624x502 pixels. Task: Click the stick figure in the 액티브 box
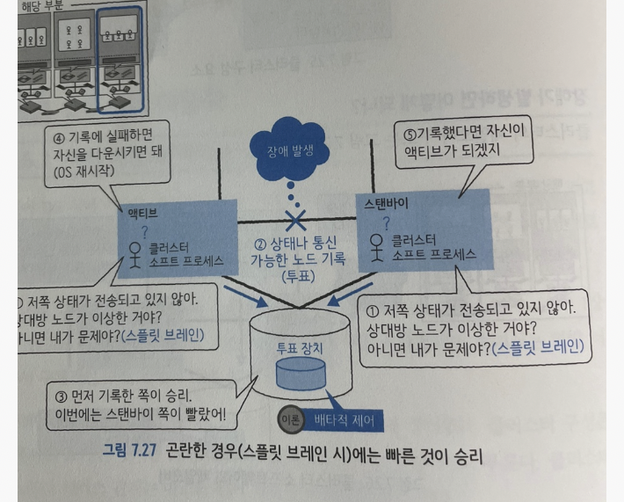135,253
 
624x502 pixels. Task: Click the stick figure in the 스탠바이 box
376,245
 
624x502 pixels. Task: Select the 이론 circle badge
291,420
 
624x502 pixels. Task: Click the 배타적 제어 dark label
344,420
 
